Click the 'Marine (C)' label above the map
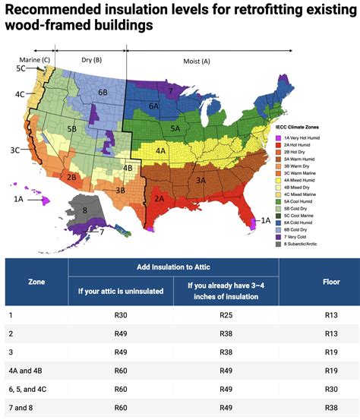tap(35, 60)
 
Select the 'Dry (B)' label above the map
tap(92, 60)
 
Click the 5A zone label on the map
tap(176, 128)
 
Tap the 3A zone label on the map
tap(201, 181)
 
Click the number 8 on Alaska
tap(85, 210)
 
